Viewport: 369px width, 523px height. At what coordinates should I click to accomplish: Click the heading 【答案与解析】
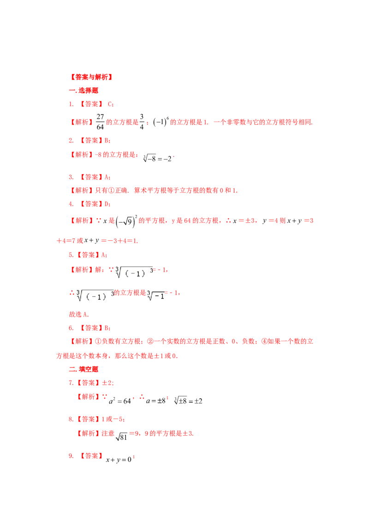pos(91,77)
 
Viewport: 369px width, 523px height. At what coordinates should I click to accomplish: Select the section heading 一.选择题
pos(83,91)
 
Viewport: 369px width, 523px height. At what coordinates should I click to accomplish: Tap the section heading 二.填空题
pos(83,369)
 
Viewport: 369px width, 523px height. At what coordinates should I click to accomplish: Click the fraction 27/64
pos(100,122)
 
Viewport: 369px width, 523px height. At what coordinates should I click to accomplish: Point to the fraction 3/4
pos(142,122)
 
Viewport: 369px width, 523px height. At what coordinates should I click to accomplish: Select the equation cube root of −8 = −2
pos(157,158)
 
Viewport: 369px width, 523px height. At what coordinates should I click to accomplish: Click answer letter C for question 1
pos(110,104)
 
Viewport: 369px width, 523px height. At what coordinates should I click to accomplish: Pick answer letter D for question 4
pos(107,204)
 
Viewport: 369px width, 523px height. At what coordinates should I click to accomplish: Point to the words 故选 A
pos(78,314)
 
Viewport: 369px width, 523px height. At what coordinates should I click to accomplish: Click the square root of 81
pos(122,436)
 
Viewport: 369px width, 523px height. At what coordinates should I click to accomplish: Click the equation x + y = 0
pos(119,460)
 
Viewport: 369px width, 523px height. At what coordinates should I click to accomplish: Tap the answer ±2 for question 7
pos(107,383)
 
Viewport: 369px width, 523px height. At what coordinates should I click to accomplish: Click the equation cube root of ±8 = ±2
pos(188,401)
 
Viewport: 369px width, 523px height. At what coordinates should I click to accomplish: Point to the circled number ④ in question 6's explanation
pos(264,341)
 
